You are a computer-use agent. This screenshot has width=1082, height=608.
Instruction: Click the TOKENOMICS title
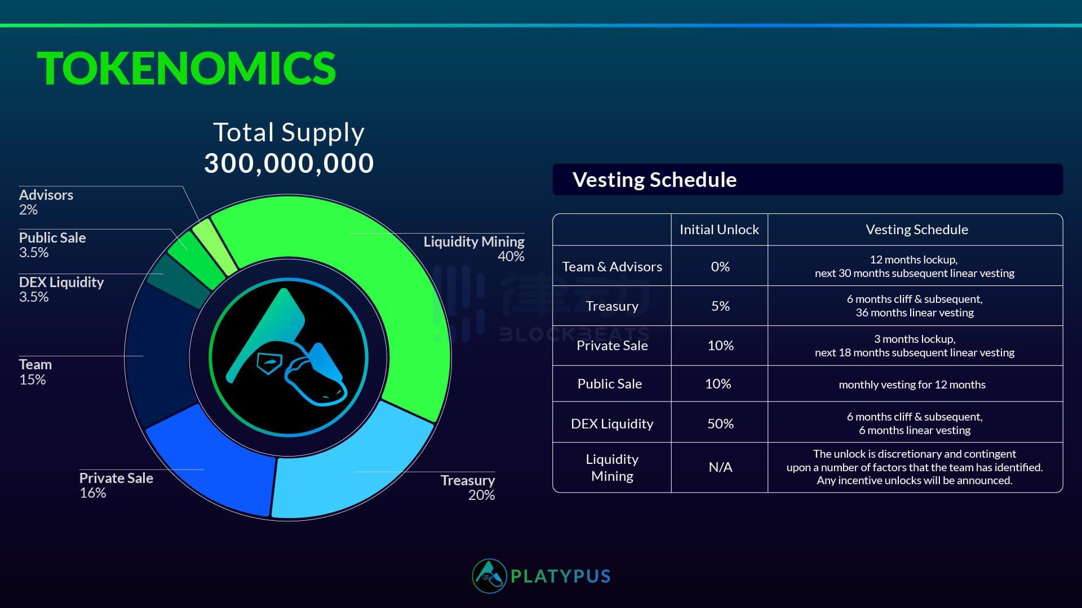[x=187, y=68]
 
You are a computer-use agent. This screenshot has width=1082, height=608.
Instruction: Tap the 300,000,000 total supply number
[x=289, y=163]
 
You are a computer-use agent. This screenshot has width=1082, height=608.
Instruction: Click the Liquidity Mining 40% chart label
[x=474, y=249]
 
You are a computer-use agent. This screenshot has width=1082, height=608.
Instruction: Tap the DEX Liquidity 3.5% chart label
[x=61, y=289]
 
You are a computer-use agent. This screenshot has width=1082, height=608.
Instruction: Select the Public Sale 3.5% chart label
[x=52, y=245]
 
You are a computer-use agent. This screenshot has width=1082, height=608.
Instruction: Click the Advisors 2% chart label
[x=46, y=202]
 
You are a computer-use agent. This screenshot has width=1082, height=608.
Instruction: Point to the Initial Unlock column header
[x=719, y=230]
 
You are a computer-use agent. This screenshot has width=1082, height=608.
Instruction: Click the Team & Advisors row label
[x=612, y=267]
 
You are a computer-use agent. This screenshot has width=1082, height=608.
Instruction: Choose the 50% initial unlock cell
[x=720, y=423]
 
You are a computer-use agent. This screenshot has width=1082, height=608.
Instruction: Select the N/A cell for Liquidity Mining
[x=720, y=467]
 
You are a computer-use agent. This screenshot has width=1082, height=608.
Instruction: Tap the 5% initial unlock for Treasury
[x=720, y=306]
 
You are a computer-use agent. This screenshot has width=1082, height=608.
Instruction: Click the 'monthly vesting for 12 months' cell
[x=912, y=385]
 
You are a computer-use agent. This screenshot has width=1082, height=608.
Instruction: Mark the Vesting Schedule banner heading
[x=655, y=180]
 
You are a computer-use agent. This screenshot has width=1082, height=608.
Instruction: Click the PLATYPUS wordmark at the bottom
[x=561, y=576]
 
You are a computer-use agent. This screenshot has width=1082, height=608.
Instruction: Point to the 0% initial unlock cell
[x=720, y=267]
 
